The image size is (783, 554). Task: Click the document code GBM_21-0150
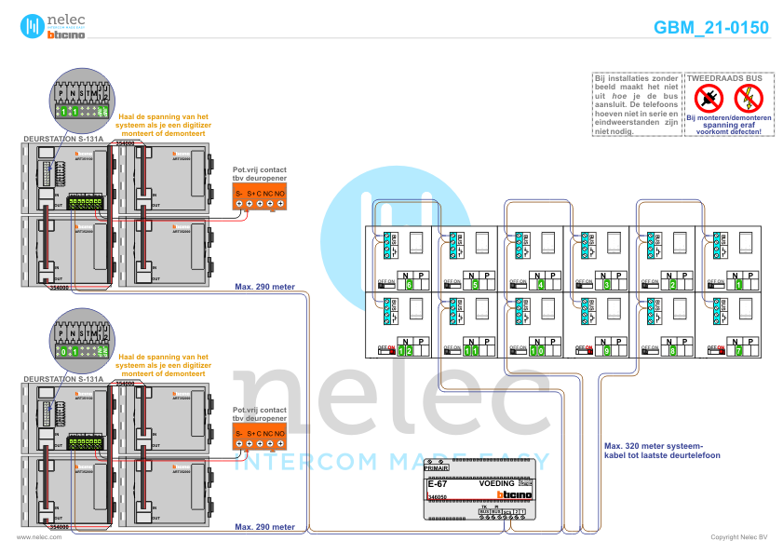point(711,28)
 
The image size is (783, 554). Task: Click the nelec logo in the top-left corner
point(52,25)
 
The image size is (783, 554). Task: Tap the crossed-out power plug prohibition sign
point(709,97)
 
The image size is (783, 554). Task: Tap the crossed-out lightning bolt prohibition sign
point(748,97)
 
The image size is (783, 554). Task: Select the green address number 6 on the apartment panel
point(409,284)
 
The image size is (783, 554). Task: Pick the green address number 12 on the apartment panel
point(405,350)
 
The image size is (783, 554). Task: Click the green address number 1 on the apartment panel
point(739,284)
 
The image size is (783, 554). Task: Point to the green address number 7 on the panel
point(739,350)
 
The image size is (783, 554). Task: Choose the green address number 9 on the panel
point(607,350)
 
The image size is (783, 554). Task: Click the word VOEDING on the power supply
point(496,485)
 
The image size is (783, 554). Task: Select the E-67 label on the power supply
point(438,485)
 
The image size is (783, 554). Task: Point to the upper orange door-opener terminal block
point(260,196)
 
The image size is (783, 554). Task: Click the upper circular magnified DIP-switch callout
point(80,104)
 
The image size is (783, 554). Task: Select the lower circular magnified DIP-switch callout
point(80,345)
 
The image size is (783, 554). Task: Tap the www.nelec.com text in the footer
point(33,537)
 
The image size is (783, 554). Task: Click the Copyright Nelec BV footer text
point(738,537)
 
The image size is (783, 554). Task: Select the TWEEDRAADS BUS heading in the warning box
point(725,76)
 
